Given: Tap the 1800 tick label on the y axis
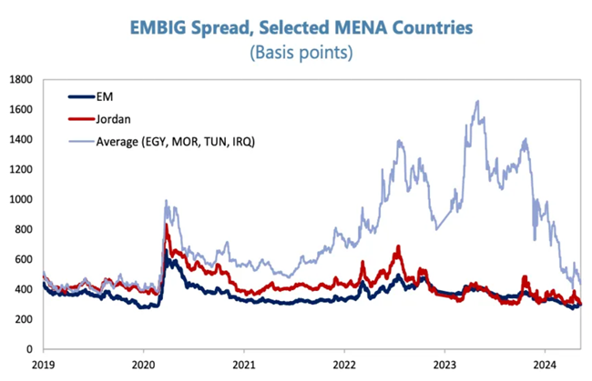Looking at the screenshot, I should tap(21, 80).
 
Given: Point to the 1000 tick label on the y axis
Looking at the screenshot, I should tap(21, 200).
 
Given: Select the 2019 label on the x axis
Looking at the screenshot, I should tap(42, 365).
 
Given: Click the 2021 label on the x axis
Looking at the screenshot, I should tap(244, 365).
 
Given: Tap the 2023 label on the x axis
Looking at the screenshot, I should tap(444, 365).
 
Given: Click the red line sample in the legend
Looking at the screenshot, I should tap(79, 117).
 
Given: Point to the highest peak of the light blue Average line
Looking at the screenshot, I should tap(477, 101).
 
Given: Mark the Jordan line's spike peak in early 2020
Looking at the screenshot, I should tap(167, 224).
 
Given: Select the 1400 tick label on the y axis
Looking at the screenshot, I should tap(21, 140).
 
